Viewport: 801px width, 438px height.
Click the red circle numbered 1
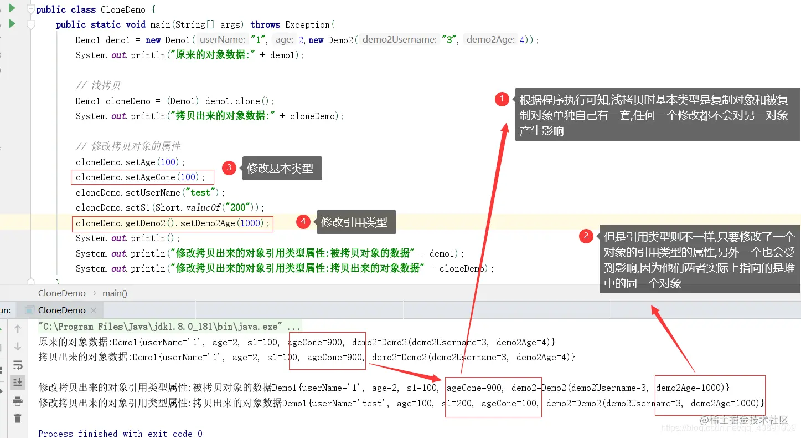(x=502, y=99)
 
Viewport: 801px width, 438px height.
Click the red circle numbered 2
(x=586, y=236)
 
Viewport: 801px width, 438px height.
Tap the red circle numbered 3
(x=229, y=168)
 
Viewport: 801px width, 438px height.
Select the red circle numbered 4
(x=303, y=222)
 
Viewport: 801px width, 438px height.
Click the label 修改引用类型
(x=354, y=222)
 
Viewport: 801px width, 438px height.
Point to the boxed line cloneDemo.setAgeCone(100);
(x=142, y=177)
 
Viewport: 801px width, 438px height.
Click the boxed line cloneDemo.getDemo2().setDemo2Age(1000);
(x=173, y=223)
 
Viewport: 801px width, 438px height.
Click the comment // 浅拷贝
(x=98, y=85)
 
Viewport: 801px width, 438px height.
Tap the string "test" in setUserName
(x=200, y=193)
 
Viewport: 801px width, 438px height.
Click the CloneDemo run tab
(x=61, y=310)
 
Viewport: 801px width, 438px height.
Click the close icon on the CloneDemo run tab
(x=94, y=310)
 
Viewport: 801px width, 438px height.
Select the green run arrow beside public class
(x=12, y=8)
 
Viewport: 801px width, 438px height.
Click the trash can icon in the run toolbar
(x=18, y=419)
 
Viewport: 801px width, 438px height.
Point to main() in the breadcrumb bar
(x=115, y=293)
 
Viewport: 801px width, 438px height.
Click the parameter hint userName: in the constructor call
(x=222, y=40)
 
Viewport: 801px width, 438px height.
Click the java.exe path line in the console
(x=169, y=327)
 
